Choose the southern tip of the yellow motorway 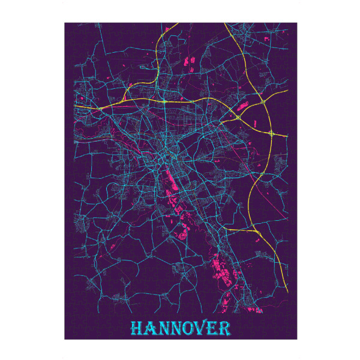[x=287, y=292]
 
